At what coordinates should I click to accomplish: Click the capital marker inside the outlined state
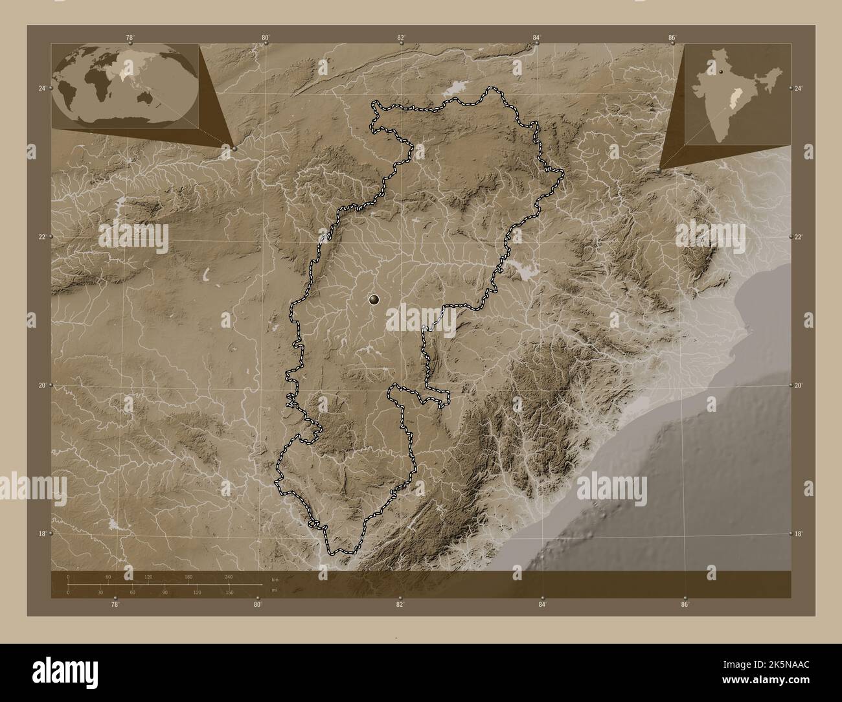tap(374, 299)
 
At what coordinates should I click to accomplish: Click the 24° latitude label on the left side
tap(41, 88)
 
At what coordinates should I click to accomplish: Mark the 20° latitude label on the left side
tap(41, 385)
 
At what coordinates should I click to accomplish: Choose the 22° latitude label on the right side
tap(799, 237)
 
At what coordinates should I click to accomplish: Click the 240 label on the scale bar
tap(228, 577)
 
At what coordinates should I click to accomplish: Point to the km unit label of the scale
tap(275, 579)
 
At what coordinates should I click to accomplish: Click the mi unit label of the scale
tap(274, 590)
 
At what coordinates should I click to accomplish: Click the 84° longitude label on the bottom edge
tap(542, 605)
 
